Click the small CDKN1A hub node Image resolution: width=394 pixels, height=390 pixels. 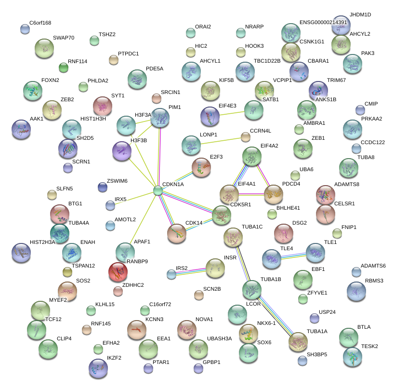(x=158, y=190)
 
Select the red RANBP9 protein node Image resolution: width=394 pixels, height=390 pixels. (x=118, y=272)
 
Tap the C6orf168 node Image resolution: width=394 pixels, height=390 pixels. (x=25, y=29)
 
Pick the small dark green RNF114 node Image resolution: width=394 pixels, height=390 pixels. (x=63, y=67)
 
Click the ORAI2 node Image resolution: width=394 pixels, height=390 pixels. (x=191, y=33)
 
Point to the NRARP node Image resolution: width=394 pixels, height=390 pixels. (x=241, y=33)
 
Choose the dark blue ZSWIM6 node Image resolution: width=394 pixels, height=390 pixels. (x=103, y=187)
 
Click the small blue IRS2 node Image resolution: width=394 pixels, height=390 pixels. (x=171, y=274)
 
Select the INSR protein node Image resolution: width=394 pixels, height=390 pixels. (x=215, y=268)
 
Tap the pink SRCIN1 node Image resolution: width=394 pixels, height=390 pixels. (x=156, y=98)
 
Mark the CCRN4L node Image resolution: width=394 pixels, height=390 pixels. (x=246, y=137)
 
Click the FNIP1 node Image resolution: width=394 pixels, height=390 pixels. (x=337, y=233)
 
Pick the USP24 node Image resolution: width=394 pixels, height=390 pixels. (x=315, y=318)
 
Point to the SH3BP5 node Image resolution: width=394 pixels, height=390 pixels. (x=302, y=360)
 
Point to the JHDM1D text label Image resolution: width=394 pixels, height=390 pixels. (x=360, y=15)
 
